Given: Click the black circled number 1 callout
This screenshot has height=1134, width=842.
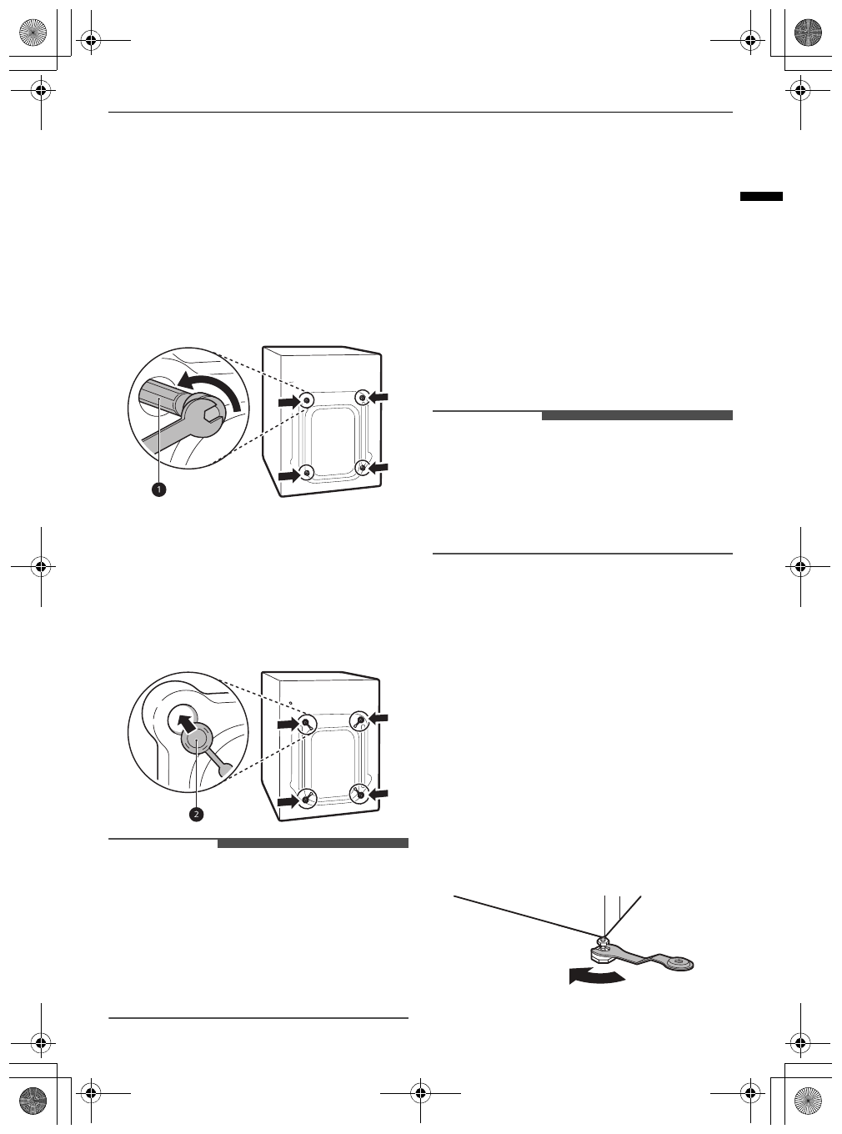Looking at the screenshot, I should coord(158,490).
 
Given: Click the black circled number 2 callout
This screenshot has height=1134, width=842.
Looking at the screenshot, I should coord(195,814).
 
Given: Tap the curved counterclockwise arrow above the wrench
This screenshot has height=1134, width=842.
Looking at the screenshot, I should coord(216,391).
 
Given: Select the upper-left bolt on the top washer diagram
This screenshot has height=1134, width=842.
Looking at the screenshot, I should coord(307,400).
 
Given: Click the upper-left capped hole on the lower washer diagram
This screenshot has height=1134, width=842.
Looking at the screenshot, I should coord(306,723).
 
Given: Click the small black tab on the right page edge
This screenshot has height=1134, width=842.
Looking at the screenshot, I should coord(761,197).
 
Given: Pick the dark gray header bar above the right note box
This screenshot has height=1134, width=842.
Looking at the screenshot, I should coord(637,415).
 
